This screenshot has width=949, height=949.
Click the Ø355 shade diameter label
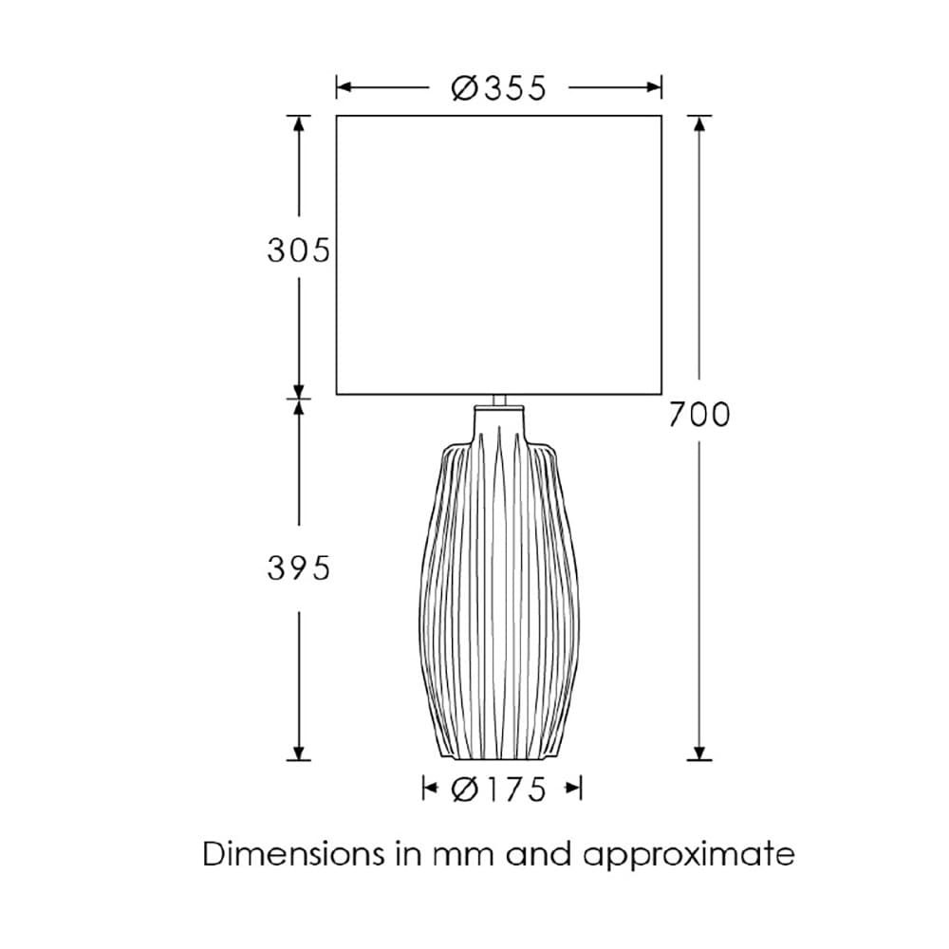click(499, 88)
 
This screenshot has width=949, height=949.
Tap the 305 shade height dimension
click(298, 250)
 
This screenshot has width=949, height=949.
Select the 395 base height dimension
click(298, 568)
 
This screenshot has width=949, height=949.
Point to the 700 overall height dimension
click(699, 416)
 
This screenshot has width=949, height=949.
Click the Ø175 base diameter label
click(499, 790)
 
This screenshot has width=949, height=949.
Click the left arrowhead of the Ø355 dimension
click(344, 87)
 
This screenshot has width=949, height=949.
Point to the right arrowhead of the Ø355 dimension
click(654, 87)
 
